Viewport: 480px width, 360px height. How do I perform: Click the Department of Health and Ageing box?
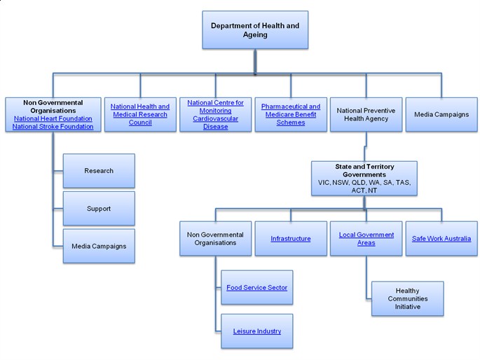tap(254, 31)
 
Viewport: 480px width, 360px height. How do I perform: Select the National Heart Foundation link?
tap(53, 118)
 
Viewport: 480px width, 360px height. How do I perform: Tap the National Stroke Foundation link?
tap(53, 127)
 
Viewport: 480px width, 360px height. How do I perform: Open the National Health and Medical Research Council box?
tap(139, 114)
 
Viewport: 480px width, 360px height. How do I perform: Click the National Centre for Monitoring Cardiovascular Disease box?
tap(215, 114)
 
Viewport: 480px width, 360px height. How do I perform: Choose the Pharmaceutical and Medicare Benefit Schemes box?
tap(290, 114)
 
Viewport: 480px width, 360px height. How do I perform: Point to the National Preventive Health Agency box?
tap(366, 114)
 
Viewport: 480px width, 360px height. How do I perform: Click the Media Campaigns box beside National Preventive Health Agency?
tap(441, 114)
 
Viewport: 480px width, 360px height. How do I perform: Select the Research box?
tap(99, 170)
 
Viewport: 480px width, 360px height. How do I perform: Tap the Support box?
tap(99, 208)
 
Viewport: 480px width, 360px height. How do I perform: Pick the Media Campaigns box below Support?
tap(99, 246)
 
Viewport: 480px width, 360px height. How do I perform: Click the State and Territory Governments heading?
tap(364, 170)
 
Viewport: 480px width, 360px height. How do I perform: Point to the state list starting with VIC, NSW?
tap(364, 186)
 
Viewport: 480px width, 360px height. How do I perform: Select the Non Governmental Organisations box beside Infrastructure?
tap(215, 239)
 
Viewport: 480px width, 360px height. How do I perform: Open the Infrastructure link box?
tap(290, 239)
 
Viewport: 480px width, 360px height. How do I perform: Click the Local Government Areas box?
tap(366, 239)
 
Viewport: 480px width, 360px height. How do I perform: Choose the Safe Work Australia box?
tap(441, 239)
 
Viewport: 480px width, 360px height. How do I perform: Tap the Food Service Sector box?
tap(256, 287)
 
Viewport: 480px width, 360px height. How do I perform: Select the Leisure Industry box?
tap(256, 331)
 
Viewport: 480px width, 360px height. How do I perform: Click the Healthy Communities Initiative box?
tap(407, 298)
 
